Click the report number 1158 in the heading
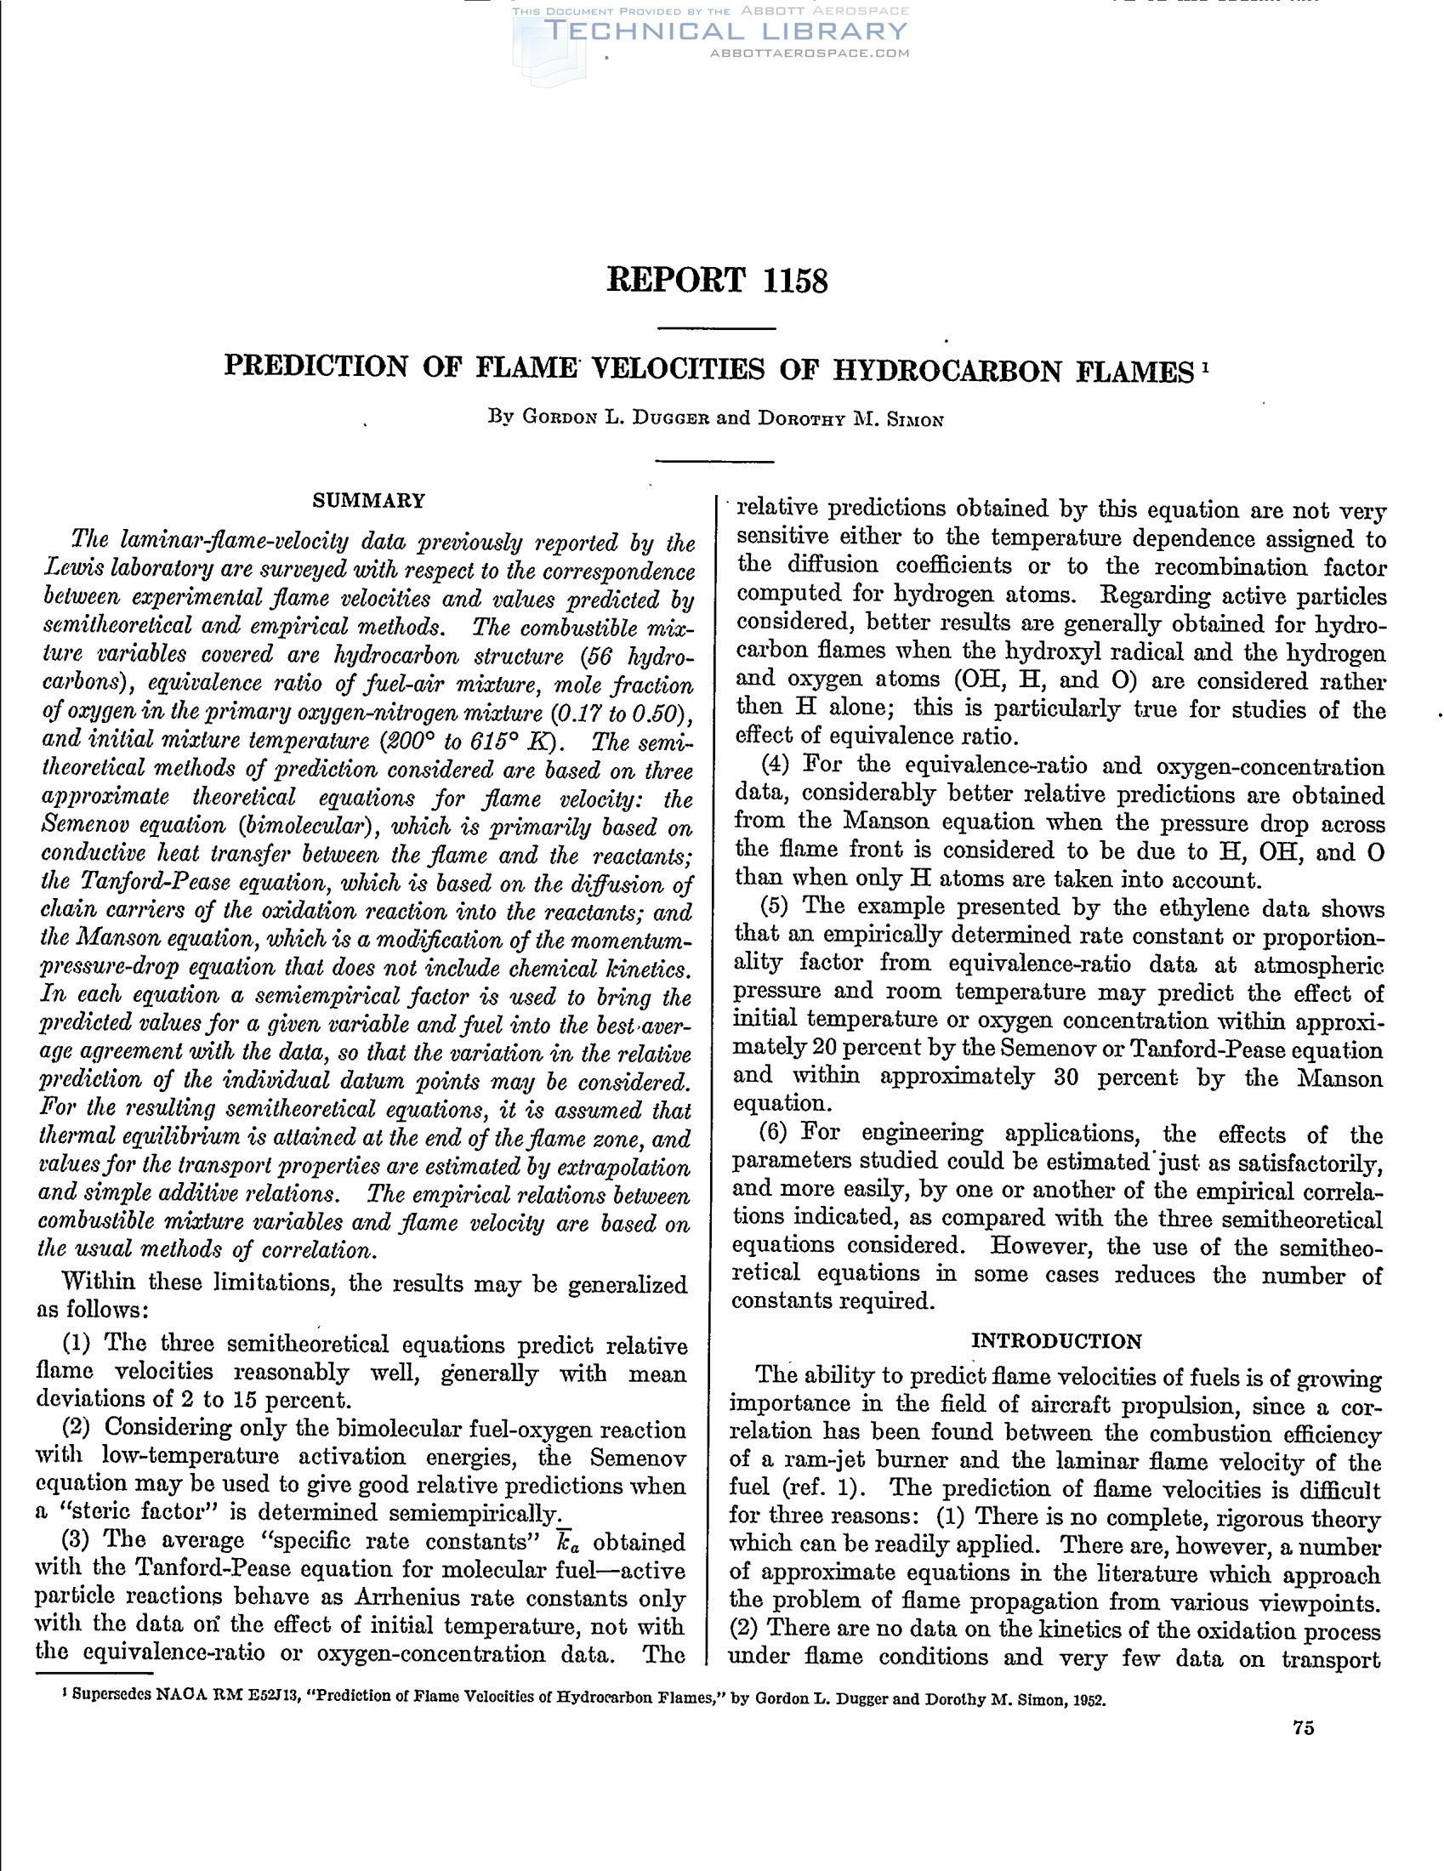pyautogui.click(x=795, y=282)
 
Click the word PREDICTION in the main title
pyautogui.click(x=316, y=367)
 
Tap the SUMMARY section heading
pyautogui.click(x=368, y=501)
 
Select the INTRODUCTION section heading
pyautogui.click(x=1056, y=1341)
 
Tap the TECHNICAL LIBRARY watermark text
pyautogui.click(x=726, y=31)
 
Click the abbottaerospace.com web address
pyautogui.click(x=810, y=53)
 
